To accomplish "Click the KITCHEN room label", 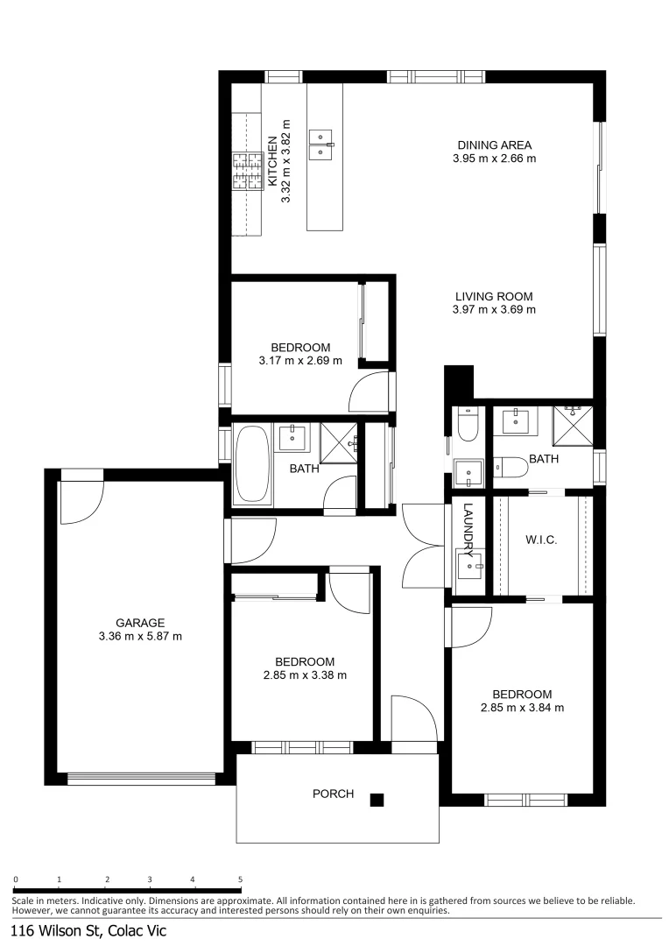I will coord(272,160).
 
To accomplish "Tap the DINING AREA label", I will coord(494,145).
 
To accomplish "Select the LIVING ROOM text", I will coord(494,296).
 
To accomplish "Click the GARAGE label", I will coord(140,623).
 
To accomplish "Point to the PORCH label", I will coord(333,794).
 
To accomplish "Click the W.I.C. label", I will coord(541,540).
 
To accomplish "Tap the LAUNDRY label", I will coord(468,530).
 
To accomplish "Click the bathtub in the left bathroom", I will coord(252,463).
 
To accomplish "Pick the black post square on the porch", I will coord(377,799).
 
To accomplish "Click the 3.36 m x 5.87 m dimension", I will coord(140,637).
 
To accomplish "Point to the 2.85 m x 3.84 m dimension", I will coord(522,708).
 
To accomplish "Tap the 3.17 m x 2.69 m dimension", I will coord(300,361).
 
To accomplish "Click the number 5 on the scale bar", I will coord(240,879).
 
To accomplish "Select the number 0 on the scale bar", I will coord(16,879).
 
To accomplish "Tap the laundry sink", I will coord(471,568).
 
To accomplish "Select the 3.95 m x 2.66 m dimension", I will coord(494,159).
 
